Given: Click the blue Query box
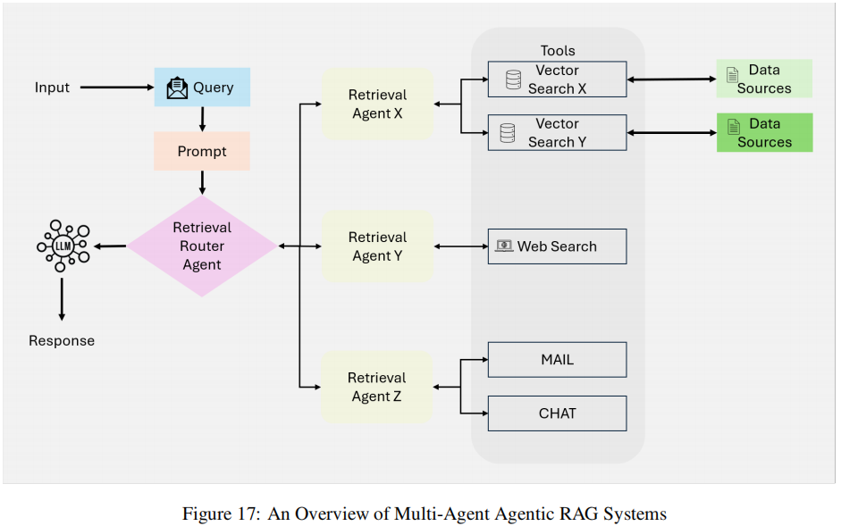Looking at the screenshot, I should coord(202,88).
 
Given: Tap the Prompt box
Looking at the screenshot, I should coord(202,151).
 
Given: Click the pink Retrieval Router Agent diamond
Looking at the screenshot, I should coord(202,246).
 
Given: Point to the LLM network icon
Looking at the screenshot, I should coord(63,244).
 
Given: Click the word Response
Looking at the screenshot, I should coord(62,340).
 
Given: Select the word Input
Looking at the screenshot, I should coord(52,88).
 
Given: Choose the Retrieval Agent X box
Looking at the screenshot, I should coord(377,104).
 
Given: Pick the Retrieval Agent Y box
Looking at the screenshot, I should coord(377,246).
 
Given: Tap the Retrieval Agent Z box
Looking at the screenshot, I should coord(377,388).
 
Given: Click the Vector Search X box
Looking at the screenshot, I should coord(557,79).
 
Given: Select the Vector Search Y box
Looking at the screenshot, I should coord(557,133).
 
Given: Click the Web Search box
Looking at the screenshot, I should coord(557,246).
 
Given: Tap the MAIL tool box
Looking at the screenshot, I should coord(557,360).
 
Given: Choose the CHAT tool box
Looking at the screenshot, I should coord(557,413).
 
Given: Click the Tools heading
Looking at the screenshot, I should coord(558,51).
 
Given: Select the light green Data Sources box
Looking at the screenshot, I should coord(764,79).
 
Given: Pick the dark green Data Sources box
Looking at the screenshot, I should coord(764,132).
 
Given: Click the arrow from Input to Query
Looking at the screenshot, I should coord(116,88).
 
